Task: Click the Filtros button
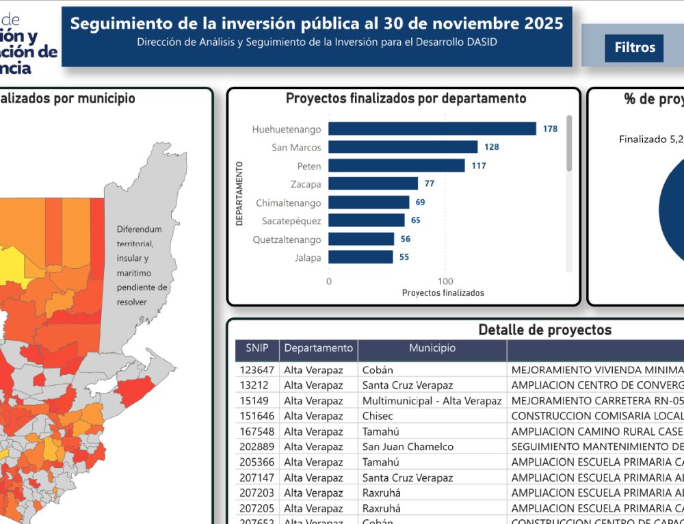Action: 634,48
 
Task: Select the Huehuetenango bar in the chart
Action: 432,129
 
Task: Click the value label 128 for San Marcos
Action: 491,147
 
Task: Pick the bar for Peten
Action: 396,166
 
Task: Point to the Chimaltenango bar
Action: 369,202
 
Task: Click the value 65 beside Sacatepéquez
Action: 415,220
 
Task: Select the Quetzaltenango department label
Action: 287,239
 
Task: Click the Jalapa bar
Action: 360,257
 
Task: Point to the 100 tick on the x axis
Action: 445,281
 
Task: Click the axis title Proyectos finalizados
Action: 443,293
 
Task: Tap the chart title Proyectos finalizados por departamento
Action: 406,99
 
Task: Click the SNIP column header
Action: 256,348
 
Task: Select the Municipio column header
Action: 432,348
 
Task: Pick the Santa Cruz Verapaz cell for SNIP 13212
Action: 407,385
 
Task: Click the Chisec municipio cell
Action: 378,416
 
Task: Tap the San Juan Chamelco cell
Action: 408,447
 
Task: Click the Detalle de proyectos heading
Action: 544,330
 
